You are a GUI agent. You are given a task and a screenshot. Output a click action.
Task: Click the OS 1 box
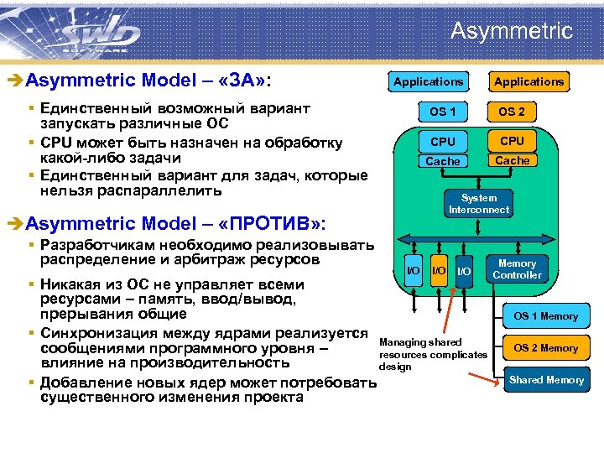[442, 112]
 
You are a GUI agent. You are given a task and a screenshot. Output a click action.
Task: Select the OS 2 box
[511, 112]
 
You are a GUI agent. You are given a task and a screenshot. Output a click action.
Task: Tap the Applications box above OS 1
[428, 81]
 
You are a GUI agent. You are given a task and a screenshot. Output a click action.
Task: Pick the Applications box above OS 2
[528, 81]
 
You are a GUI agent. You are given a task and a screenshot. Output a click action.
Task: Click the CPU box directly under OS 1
[442, 142]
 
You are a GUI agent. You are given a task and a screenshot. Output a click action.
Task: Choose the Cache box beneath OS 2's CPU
[512, 160]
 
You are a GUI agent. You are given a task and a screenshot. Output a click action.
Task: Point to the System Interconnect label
[479, 204]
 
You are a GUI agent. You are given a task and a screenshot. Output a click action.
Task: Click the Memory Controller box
[517, 269]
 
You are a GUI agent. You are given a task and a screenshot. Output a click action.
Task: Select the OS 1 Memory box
[545, 316]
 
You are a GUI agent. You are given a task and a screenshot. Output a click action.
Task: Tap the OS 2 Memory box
[545, 348]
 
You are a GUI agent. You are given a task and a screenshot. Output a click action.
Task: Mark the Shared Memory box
[546, 380]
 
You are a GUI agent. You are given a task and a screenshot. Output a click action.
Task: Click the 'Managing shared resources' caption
[433, 354]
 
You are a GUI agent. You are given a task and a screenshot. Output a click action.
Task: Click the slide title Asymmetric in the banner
[511, 32]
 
